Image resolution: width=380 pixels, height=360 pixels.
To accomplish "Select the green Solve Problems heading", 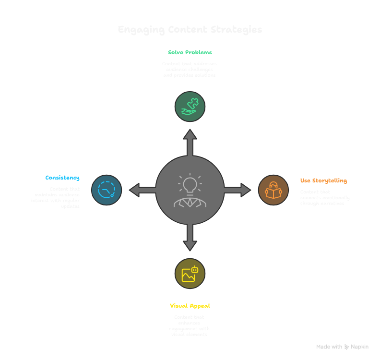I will point(190,52).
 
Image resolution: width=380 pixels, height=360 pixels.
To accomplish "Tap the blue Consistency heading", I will point(62,178).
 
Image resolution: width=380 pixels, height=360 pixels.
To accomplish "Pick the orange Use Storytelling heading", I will point(323,180).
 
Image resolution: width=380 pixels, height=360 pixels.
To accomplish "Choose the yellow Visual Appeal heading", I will point(190,306).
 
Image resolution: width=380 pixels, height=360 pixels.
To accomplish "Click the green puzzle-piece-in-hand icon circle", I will point(190,107).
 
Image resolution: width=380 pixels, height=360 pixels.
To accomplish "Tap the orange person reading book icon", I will point(273,190).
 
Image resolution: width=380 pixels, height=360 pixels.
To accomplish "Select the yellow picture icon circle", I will point(190,274).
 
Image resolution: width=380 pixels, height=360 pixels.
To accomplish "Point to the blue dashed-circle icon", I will point(107,190).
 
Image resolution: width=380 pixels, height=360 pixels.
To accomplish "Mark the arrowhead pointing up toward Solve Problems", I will point(190,134).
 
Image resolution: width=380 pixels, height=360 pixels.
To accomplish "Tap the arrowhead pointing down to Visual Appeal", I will point(190,245).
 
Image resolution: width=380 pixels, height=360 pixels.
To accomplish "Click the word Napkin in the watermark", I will point(360,347).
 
